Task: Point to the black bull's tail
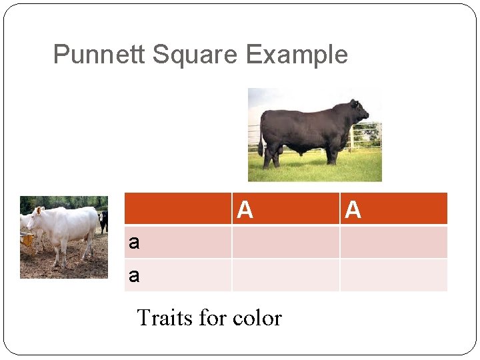pos(261,133)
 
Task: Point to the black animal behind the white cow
pos(103,221)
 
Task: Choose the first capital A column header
pos(245,210)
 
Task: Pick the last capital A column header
pos(353,210)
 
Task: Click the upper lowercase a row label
pos(134,243)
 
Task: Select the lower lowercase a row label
pos(134,275)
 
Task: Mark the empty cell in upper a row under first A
pos(285,242)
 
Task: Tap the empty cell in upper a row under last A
pos(393,242)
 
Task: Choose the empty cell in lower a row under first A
pos(285,275)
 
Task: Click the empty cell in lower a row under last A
pos(393,275)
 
